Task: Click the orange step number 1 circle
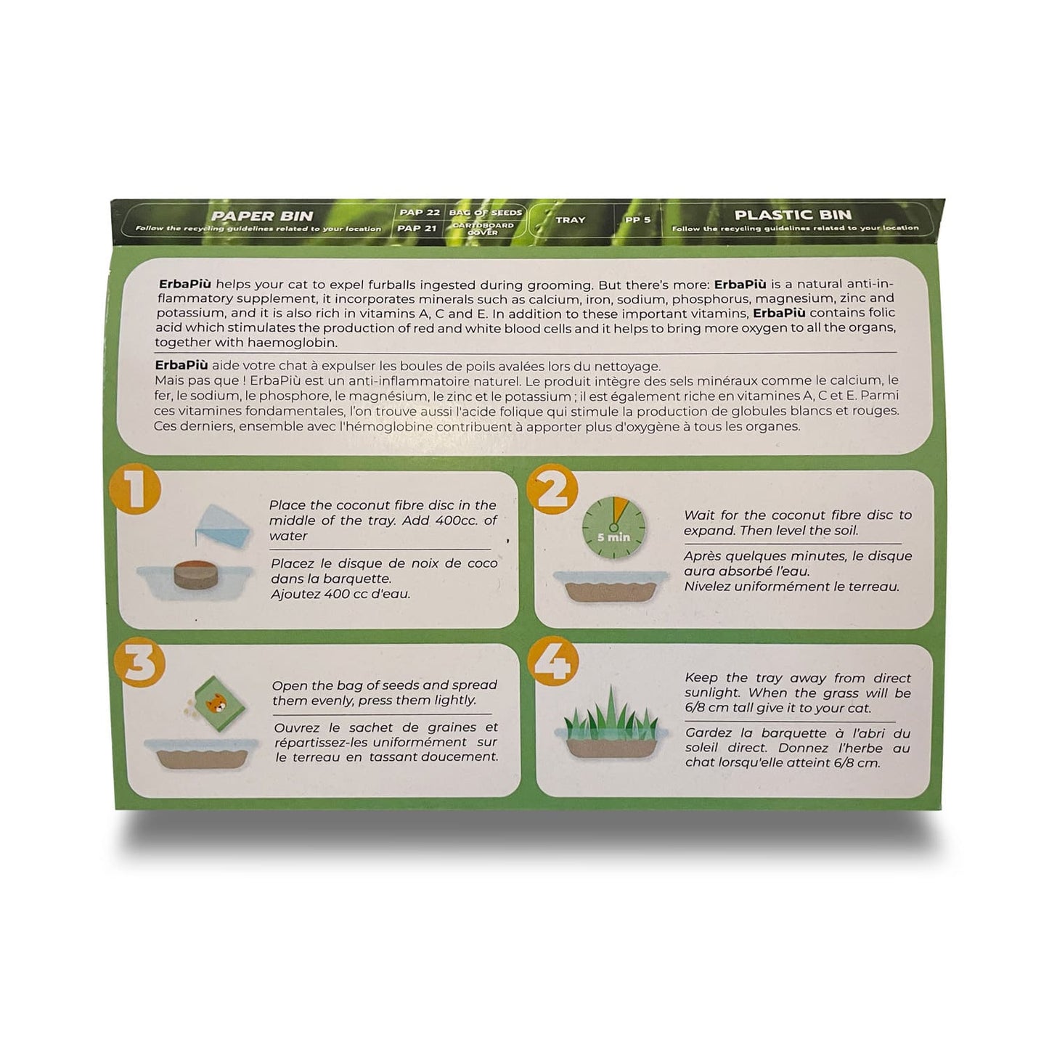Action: pos(134,491)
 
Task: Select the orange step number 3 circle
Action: pos(139,665)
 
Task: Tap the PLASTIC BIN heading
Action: pos(793,215)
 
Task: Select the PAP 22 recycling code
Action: pos(420,212)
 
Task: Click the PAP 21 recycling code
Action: pos(420,228)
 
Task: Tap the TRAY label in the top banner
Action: pos(570,219)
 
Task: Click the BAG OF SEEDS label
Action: pos(485,212)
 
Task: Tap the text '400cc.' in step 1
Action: pos(460,521)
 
